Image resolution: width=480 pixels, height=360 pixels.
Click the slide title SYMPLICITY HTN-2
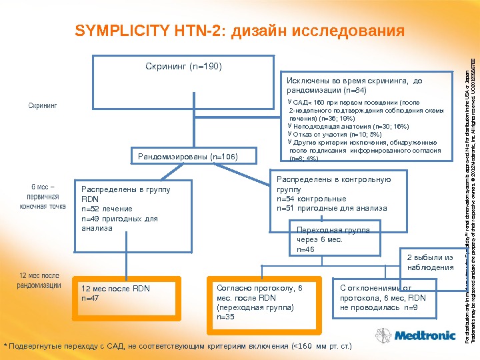[x=240, y=31]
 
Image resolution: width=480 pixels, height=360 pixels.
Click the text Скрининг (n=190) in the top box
[x=183, y=67]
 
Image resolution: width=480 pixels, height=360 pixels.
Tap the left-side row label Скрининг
[x=42, y=105]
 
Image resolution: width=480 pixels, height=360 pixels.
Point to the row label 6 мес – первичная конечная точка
[x=43, y=197]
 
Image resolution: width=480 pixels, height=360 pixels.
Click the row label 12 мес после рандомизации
[x=39, y=280]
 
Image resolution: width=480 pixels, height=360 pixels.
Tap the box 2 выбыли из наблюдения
[x=430, y=262]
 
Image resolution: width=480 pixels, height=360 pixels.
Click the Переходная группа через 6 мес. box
[x=332, y=239]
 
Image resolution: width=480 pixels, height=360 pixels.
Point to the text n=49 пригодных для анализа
[x=119, y=223]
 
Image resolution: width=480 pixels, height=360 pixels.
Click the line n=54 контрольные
[x=311, y=199]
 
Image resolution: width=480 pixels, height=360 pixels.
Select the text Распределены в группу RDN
[x=125, y=194]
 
